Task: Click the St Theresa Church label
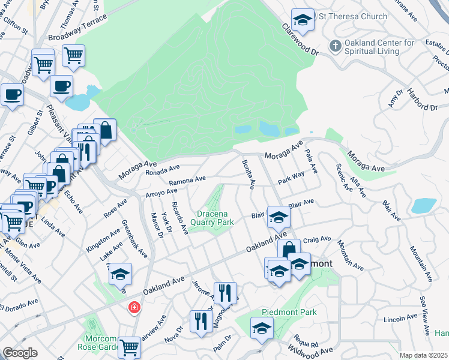355,16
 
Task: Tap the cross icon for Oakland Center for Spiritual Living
334,45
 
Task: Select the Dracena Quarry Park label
212,217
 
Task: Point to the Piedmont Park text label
289,313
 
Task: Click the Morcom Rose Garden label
100,343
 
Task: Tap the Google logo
20,353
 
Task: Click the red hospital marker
134,308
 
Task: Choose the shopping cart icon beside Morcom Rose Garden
130,346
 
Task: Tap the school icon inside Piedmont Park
262,328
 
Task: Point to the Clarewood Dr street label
300,38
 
